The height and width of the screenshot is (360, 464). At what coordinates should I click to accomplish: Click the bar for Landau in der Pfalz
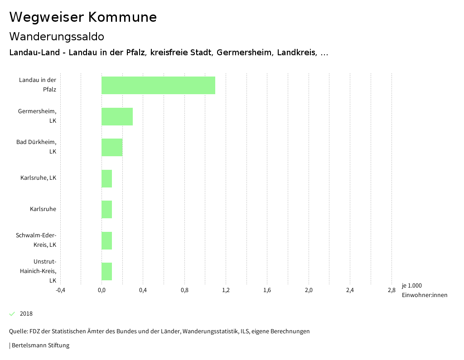pos(158,85)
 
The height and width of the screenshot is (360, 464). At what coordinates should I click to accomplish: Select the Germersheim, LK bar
pos(117,116)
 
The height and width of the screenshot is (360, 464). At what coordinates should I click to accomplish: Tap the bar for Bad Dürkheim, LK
pos(112,147)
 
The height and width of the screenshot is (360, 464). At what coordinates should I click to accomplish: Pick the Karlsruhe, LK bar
pos(106,178)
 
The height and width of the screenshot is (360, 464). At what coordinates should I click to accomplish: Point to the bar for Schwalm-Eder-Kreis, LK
pos(106,240)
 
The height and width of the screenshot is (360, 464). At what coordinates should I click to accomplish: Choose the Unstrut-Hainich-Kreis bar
pos(106,271)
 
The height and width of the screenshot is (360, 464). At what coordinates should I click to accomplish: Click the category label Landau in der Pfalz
pos(38,85)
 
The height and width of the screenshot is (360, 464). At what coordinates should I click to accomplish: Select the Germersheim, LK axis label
pos(38,116)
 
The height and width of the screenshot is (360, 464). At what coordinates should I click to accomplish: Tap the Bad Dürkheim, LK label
pos(37,147)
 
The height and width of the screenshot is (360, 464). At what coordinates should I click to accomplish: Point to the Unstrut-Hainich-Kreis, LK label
pos(44,271)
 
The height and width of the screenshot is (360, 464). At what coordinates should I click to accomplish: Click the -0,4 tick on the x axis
pos(60,290)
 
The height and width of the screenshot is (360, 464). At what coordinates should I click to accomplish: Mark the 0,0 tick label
pos(101,290)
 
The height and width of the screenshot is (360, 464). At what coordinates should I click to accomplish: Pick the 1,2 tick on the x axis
pos(226,290)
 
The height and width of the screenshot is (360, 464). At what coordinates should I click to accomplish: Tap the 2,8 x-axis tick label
pos(391,290)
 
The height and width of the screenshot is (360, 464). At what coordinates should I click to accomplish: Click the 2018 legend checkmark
pos(12,314)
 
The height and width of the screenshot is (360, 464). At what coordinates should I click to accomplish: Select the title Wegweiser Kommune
pos(83,17)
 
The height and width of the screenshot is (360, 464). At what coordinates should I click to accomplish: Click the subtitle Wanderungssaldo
pos(57,36)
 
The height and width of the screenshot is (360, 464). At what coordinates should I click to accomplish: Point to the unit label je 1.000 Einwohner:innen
pos(424,290)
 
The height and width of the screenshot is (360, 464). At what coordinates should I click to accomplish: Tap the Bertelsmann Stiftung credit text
pos(40,346)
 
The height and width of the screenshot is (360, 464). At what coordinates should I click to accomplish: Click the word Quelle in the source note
pos(18,331)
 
